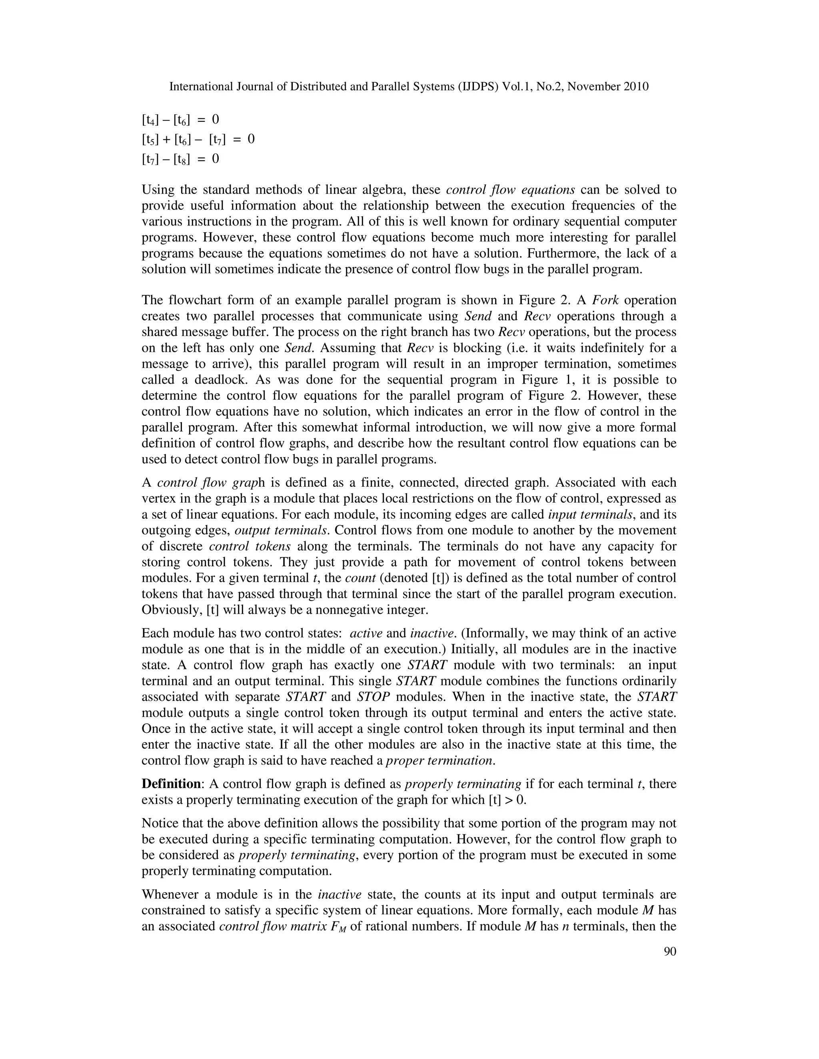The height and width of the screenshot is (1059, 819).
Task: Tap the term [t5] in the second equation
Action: pyautogui.click(x=150, y=139)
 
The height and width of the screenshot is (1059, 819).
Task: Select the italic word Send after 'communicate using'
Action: pyautogui.click(x=478, y=317)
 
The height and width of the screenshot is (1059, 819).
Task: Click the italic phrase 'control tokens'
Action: pyautogui.click(x=250, y=546)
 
